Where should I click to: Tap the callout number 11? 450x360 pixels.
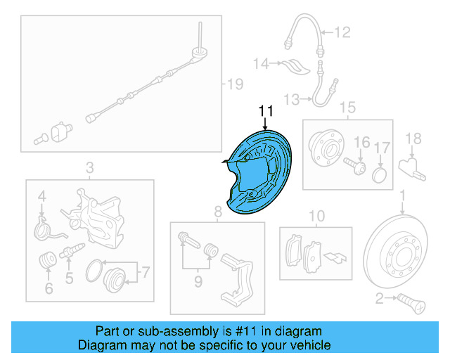coord(265,112)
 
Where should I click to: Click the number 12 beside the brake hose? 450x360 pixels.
coord(342,31)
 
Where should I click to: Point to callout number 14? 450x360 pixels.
coord(261,64)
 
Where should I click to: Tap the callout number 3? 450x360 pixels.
coord(89,167)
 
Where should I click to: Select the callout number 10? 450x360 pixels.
coord(316,215)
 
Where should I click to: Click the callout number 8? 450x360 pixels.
coord(218,211)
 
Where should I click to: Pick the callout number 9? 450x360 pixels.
coord(198,282)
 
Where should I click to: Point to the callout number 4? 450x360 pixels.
coord(42,195)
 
